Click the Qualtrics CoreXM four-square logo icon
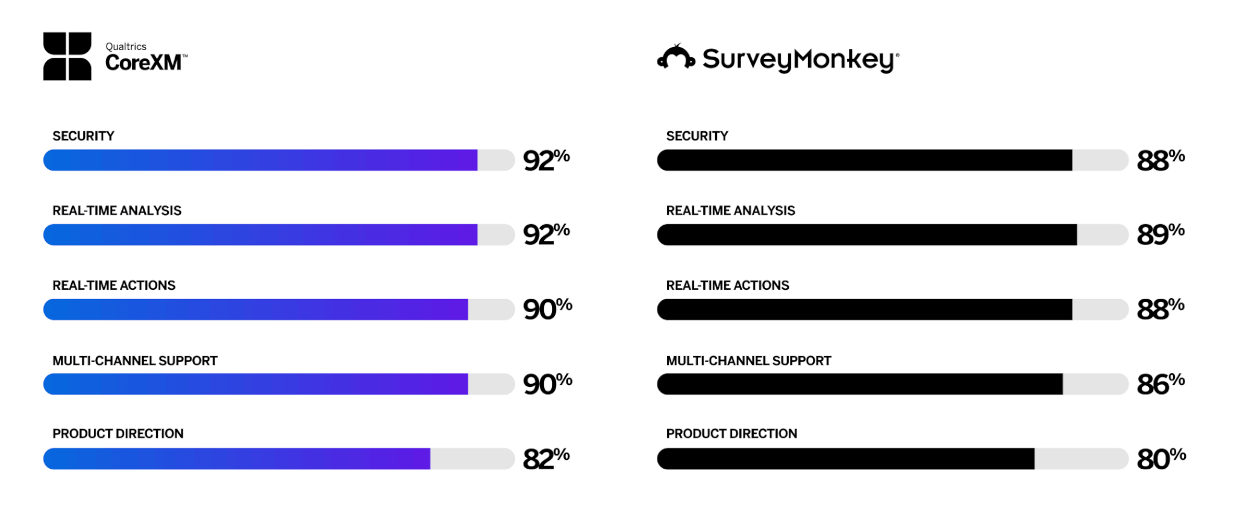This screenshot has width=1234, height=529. pos(67,56)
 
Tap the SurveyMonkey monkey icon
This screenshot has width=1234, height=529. pos(676,57)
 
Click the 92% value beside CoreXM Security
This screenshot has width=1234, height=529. pos(547,160)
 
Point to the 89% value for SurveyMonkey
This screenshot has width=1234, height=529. pos(1160,234)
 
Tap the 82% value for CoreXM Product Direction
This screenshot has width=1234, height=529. pos(547,459)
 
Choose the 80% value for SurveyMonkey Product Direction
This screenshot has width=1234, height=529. pos(1161,459)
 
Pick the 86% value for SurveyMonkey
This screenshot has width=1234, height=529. pos(1160,384)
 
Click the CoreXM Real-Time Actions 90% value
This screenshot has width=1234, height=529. pos(548,309)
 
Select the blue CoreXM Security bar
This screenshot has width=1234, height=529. pos(260,160)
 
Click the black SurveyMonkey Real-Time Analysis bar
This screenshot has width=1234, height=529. pos(867,235)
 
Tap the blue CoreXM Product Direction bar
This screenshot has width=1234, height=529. pos(237,459)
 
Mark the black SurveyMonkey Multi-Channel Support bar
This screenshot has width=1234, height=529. pos(860,384)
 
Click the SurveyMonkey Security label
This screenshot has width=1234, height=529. pos(697,136)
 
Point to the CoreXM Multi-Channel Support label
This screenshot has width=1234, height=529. pos(135,361)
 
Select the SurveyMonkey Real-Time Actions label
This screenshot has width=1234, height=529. pos(727,286)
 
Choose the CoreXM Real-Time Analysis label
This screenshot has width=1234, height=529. pos(117,211)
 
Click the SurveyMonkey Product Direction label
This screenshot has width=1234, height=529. pos(731,434)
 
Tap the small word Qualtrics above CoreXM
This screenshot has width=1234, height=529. pos(126,46)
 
